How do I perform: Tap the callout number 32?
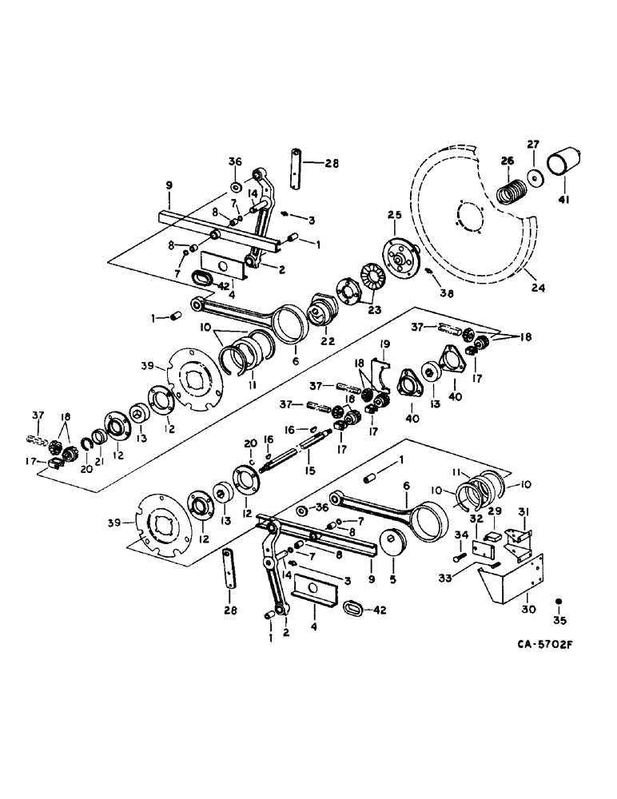477,519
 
